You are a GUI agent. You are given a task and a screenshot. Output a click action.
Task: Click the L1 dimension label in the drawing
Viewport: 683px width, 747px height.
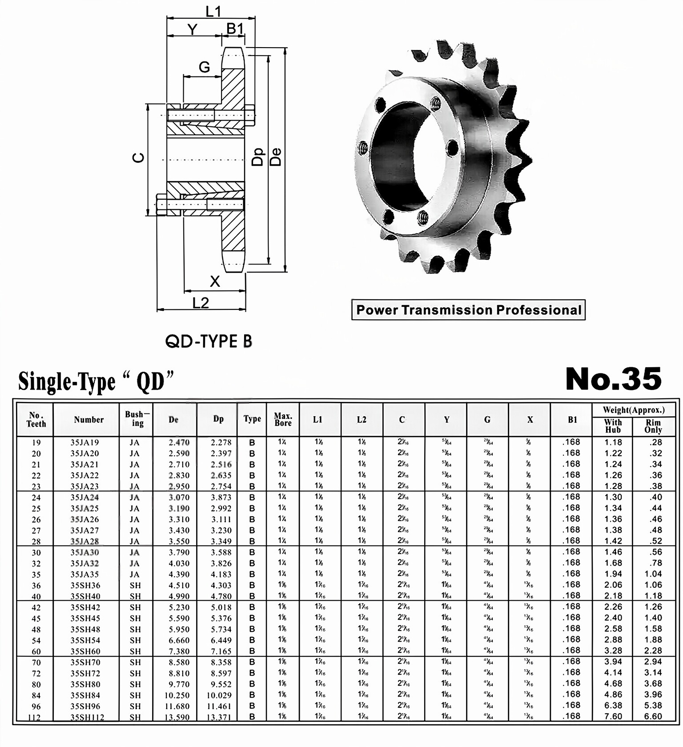[x=213, y=12]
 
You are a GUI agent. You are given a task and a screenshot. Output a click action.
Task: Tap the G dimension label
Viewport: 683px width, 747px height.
[x=204, y=67]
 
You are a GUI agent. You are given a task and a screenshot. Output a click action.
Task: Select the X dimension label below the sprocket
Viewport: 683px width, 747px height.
[x=215, y=281]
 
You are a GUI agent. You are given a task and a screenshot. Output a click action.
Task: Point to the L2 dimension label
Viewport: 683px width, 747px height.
[x=201, y=303]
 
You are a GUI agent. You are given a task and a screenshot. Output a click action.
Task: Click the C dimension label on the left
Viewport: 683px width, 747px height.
[x=139, y=157]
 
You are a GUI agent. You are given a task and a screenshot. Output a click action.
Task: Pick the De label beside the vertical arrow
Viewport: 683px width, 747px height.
[x=276, y=157]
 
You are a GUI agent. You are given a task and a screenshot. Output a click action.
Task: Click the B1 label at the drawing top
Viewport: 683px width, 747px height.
[x=235, y=28]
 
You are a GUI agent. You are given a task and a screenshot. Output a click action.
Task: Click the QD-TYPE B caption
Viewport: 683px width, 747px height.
[x=208, y=341]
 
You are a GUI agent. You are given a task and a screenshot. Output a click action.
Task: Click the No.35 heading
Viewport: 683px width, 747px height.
[x=613, y=379]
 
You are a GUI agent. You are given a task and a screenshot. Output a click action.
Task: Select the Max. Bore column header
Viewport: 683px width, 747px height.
[x=283, y=419]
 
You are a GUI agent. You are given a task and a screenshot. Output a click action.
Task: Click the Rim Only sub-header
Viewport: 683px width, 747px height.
[x=653, y=426]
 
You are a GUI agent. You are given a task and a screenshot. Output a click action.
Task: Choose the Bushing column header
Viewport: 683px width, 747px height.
[x=137, y=419]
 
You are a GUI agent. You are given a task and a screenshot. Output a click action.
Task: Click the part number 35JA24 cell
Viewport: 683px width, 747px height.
[x=84, y=497]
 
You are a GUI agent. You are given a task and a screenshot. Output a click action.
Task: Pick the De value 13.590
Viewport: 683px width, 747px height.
[x=177, y=717]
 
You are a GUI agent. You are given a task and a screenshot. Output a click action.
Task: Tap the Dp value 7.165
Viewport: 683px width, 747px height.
[x=221, y=651]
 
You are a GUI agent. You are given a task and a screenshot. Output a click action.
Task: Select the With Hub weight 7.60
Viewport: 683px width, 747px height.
[x=613, y=716]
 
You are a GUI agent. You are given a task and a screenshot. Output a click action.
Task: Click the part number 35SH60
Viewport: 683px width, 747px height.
[x=85, y=651]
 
